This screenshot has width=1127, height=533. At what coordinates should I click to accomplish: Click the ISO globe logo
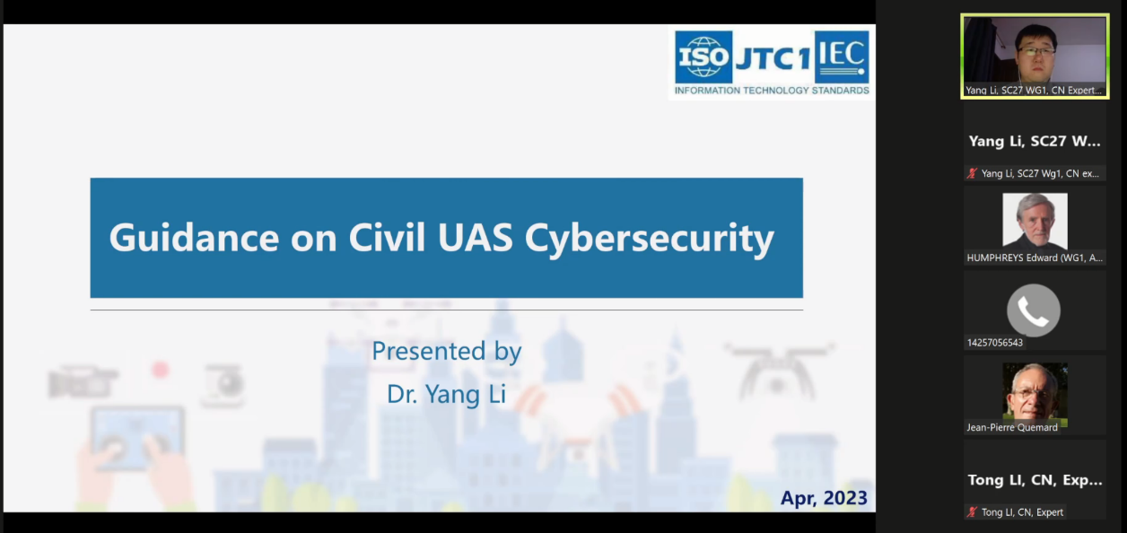703,57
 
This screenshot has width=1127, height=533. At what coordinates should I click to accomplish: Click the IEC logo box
842,57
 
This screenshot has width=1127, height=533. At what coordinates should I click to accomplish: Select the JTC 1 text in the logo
773,59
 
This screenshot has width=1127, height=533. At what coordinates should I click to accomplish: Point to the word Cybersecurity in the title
649,239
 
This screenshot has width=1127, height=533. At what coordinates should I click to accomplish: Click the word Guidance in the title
194,238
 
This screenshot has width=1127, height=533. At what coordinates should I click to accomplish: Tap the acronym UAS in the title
475,237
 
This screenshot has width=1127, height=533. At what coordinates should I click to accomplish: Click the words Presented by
447,351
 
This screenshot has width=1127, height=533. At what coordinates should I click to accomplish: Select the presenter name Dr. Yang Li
446,394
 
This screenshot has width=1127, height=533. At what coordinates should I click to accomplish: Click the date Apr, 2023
824,498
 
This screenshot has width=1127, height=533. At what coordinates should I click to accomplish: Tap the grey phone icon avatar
1034,310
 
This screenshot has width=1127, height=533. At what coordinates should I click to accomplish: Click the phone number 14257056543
995,343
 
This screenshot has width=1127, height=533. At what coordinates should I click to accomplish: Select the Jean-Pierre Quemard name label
1012,427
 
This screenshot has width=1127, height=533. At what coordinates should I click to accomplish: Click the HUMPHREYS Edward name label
1035,258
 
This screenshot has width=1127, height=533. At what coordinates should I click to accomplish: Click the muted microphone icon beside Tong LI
972,512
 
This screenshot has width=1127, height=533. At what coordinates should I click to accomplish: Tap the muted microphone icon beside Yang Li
972,174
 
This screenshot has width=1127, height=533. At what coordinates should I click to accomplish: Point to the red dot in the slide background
161,370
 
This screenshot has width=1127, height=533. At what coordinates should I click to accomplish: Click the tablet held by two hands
137,436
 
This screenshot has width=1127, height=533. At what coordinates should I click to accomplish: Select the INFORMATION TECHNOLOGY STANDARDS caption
772,91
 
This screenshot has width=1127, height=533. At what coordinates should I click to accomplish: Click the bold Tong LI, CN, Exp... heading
1035,480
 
